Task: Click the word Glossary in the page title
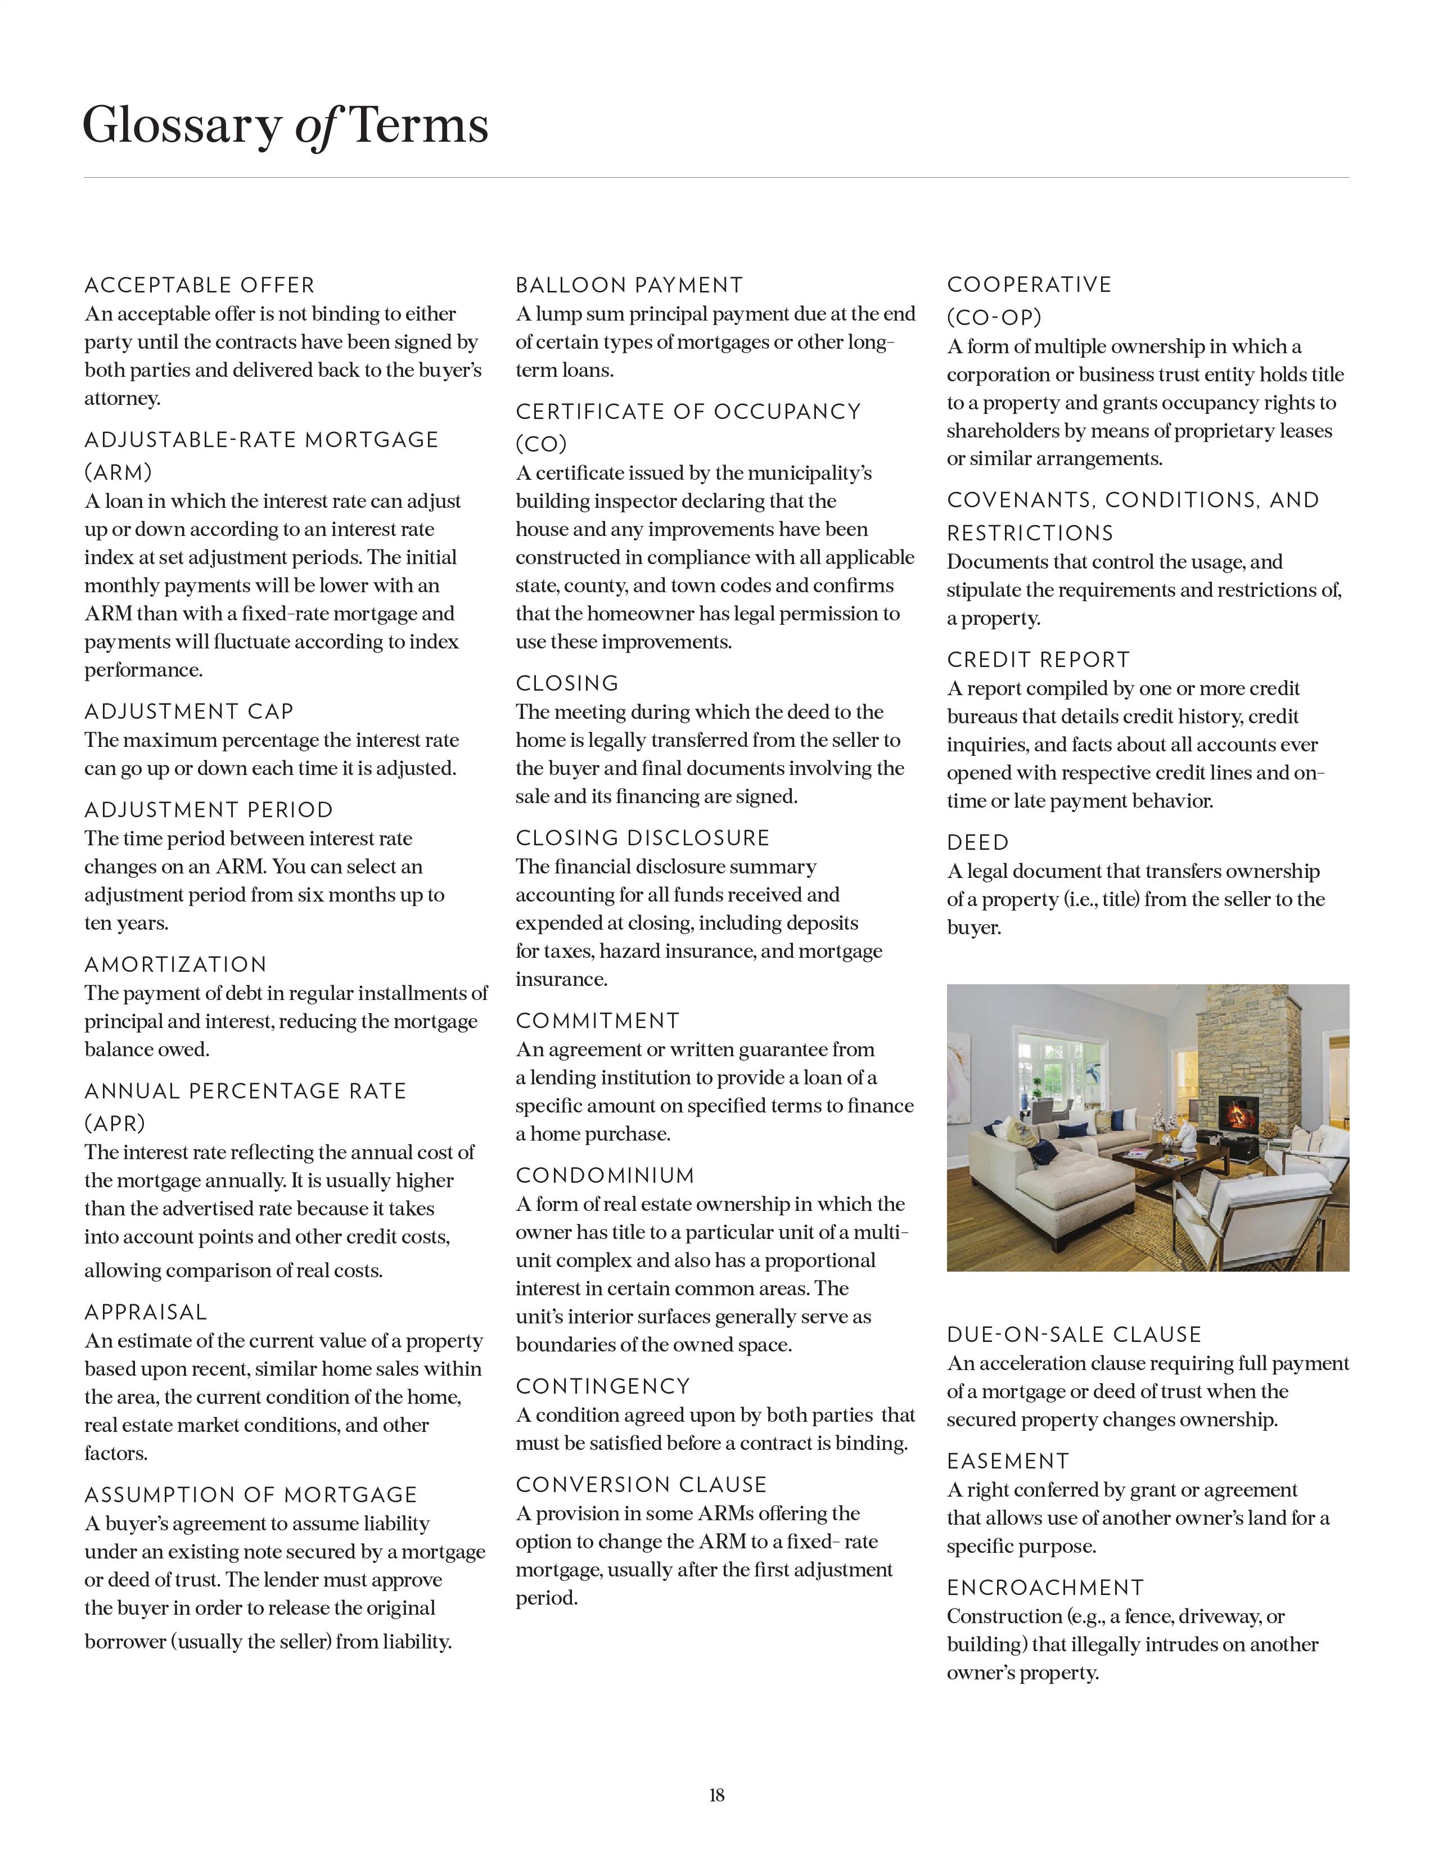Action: [x=181, y=126]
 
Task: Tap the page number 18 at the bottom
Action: [x=716, y=1795]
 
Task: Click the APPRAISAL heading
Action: [x=145, y=1312]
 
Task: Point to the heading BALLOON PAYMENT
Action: [x=629, y=286]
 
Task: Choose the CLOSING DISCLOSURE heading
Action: [x=642, y=838]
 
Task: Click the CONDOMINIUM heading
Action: [x=605, y=1175]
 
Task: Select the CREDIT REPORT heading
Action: [x=1038, y=660]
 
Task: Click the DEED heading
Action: [x=978, y=842]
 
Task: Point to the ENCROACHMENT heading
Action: [x=1045, y=1588]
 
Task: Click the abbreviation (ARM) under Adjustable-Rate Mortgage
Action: [x=118, y=472]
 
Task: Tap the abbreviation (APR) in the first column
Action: [x=115, y=1124]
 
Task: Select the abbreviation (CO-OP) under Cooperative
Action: [x=994, y=317]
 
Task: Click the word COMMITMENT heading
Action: [x=597, y=1021]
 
